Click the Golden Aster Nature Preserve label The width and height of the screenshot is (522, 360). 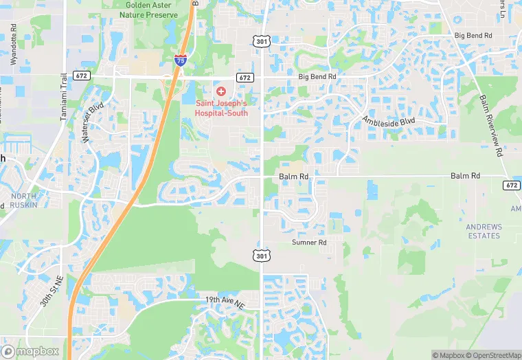[x=149, y=9]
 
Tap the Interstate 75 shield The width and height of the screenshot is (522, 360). [x=180, y=60]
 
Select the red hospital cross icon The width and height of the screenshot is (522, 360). [x=220, y=91]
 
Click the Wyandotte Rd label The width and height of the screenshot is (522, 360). [x=14, y=47]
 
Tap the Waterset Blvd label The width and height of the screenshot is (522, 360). [x=93, y=124]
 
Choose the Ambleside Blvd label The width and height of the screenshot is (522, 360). [x=390, y=122]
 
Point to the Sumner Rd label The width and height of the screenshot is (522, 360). [x=309, y=243]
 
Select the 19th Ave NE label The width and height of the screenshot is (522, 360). [x=225, y=300]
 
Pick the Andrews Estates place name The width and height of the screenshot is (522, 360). [x=484, y=232]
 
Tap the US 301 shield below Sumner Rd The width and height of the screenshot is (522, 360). [x=261, y=256]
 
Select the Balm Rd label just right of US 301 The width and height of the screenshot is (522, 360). [x=294, y=177]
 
